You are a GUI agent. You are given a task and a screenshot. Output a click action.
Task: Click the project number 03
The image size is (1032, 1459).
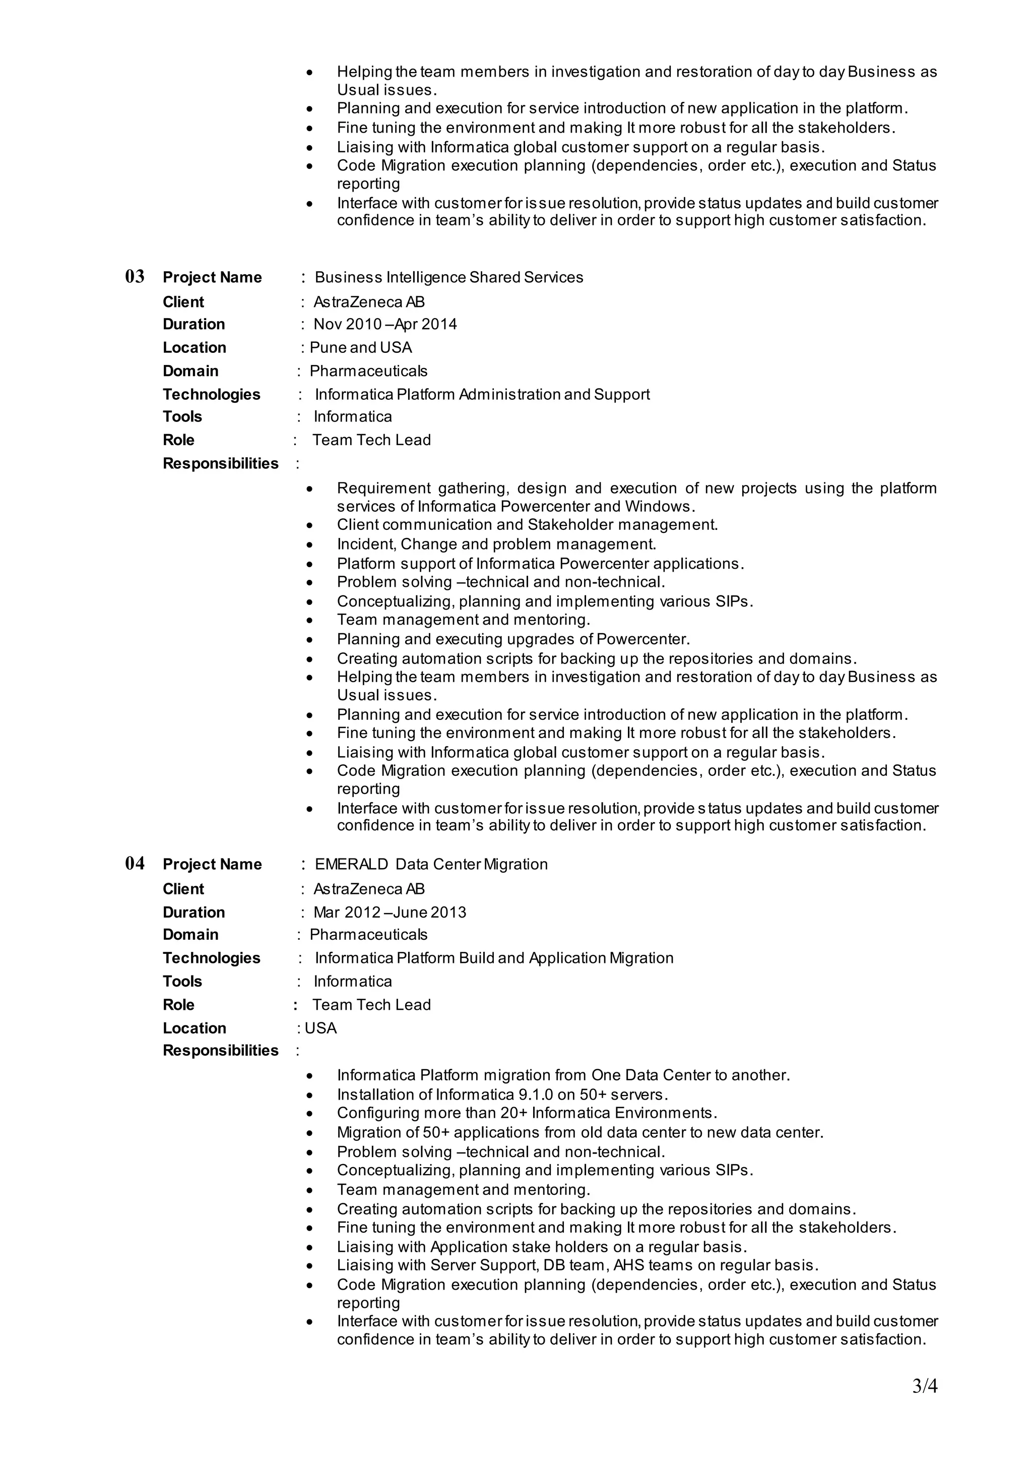pyautogui.click(x=135, y=277)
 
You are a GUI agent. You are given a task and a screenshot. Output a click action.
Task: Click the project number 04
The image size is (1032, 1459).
pyautogui.click(x=135, y=863)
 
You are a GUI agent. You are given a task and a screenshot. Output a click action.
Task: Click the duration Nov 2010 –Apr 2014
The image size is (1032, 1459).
pyautogui.click(x=385, y=324)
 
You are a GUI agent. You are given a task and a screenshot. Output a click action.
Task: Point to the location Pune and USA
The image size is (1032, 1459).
pyautogui.click(x=360, y=348)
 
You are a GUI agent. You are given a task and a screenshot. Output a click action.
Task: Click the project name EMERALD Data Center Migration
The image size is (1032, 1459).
pyautogui.click(x=431, y=864)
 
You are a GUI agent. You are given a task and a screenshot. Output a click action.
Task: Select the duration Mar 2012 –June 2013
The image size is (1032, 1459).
pyautogui.click(x=390, y=913)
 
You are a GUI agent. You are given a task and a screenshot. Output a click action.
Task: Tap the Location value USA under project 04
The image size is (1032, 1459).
pyautogui.click(x=320, y=1028)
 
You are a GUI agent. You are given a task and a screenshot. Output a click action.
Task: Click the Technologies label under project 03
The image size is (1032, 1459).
pyautogui.click(x=212, y=394)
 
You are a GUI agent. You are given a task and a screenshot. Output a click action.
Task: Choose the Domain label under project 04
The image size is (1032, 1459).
pyautogui.click(x=190, y=935)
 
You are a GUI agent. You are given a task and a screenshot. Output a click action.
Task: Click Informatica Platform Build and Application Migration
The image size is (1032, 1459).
pyautogui.click(x=494, y=958)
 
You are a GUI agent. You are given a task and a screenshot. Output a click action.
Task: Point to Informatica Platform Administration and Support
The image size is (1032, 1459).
pyautogui.click(x=482, y=394)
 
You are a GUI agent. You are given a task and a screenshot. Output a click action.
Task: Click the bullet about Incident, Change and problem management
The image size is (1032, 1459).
pyautogui.click(x=496, y=544)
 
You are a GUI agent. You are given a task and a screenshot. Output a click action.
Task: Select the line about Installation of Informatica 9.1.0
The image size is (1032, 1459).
pyautogui.click(x=502, y=1095)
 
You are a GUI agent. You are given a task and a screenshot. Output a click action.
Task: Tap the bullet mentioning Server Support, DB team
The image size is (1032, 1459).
pyautogui.click(x=577, y=1265)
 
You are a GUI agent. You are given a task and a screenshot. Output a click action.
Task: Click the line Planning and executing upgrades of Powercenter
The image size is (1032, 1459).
pyautogui.click(x=513, y=639)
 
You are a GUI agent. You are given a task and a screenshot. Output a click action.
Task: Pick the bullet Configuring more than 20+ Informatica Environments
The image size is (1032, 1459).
pyautogui.click(x=527, y=1113)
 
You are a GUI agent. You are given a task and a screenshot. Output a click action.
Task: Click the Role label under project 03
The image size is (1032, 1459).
pyautogui.click(x=178, y=440)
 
